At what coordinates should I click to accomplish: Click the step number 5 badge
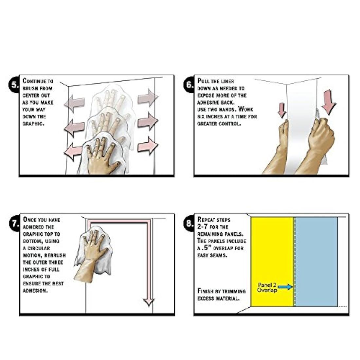coord(14,84)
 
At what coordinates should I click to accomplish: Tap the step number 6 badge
coord(189,84)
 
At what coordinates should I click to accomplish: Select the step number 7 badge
coord(15,223)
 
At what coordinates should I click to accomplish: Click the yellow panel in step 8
coord(272,261)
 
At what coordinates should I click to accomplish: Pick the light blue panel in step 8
coord(316,261)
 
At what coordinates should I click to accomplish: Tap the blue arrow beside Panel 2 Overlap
coord(285,287)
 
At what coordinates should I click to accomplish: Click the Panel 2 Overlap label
coord(267,287)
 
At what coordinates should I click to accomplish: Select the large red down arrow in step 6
coord(329,102)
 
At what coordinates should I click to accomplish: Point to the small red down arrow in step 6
coord(282,110)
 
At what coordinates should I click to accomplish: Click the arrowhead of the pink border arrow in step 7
coord(149,303)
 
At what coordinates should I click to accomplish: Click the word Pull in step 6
coord(203,81)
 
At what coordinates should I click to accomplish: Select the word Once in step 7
coord(29,220)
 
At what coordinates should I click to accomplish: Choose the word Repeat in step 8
coord(206,220)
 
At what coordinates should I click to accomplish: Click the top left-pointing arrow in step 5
coord(74,103)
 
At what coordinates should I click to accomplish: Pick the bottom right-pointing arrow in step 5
coord(148,146)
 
